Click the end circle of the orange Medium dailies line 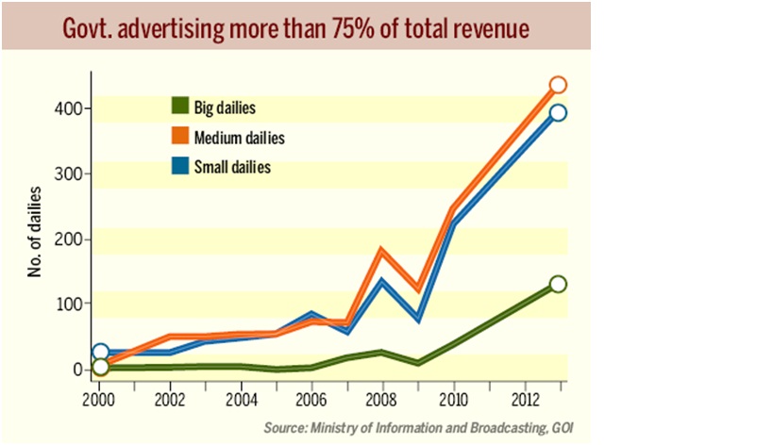point(558,86)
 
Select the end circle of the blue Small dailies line point(558,113)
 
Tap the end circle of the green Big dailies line point(558,284)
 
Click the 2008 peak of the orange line point(382,250)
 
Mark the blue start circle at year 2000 point(100,353)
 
